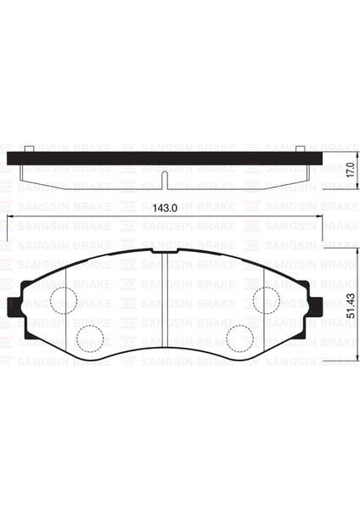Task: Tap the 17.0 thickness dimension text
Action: [349, 171]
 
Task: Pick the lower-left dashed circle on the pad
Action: [88, 337]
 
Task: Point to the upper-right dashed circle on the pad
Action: [265, 299]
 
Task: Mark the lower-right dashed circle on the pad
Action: [239, 337]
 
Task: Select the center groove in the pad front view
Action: [162, 297]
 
